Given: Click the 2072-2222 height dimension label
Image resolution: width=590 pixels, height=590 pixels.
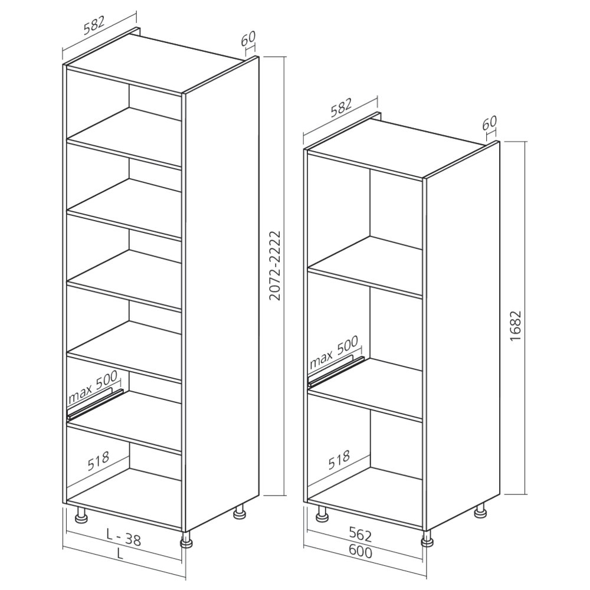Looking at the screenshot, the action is [x=276, y=265].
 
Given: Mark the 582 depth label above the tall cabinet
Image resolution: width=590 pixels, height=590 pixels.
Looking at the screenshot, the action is [x=93, y=24].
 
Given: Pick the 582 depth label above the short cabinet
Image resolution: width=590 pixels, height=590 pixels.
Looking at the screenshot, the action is [x=341, y=108].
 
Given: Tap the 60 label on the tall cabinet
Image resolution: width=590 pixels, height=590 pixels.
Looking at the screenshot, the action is [x=248, y=37].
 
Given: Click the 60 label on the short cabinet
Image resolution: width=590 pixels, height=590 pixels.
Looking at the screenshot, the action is [x=490, y=122].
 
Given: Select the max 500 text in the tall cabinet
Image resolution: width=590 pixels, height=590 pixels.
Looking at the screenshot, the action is [x=93, y=386].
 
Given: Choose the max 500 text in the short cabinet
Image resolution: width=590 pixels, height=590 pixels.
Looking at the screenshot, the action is [x=334, y=352].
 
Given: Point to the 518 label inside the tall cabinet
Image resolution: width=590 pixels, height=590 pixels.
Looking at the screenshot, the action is [x=99, y=461].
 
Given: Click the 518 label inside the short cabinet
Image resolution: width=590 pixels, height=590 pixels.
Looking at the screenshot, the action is [x=339, y=460].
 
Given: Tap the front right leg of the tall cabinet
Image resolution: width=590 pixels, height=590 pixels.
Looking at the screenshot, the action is [x=187, y=540].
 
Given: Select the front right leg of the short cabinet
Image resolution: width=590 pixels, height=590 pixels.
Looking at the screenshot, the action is [x=427, y=539].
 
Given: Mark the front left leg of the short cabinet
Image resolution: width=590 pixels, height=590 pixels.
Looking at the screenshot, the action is [x=322, y=513].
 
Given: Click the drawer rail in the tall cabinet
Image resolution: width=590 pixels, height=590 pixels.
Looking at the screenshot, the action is [x=95, y=405].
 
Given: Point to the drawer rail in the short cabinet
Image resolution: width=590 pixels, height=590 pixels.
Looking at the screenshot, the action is [x=336, y=371].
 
